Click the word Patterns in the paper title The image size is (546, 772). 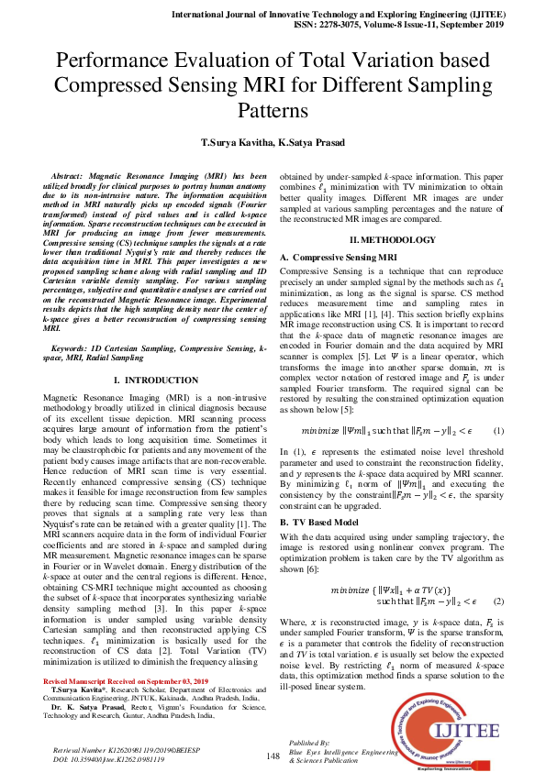click(273, 112)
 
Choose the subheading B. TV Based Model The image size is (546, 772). click(320, 521)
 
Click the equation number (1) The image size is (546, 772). click(497, 430)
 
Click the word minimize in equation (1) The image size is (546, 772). click(320, 430)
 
